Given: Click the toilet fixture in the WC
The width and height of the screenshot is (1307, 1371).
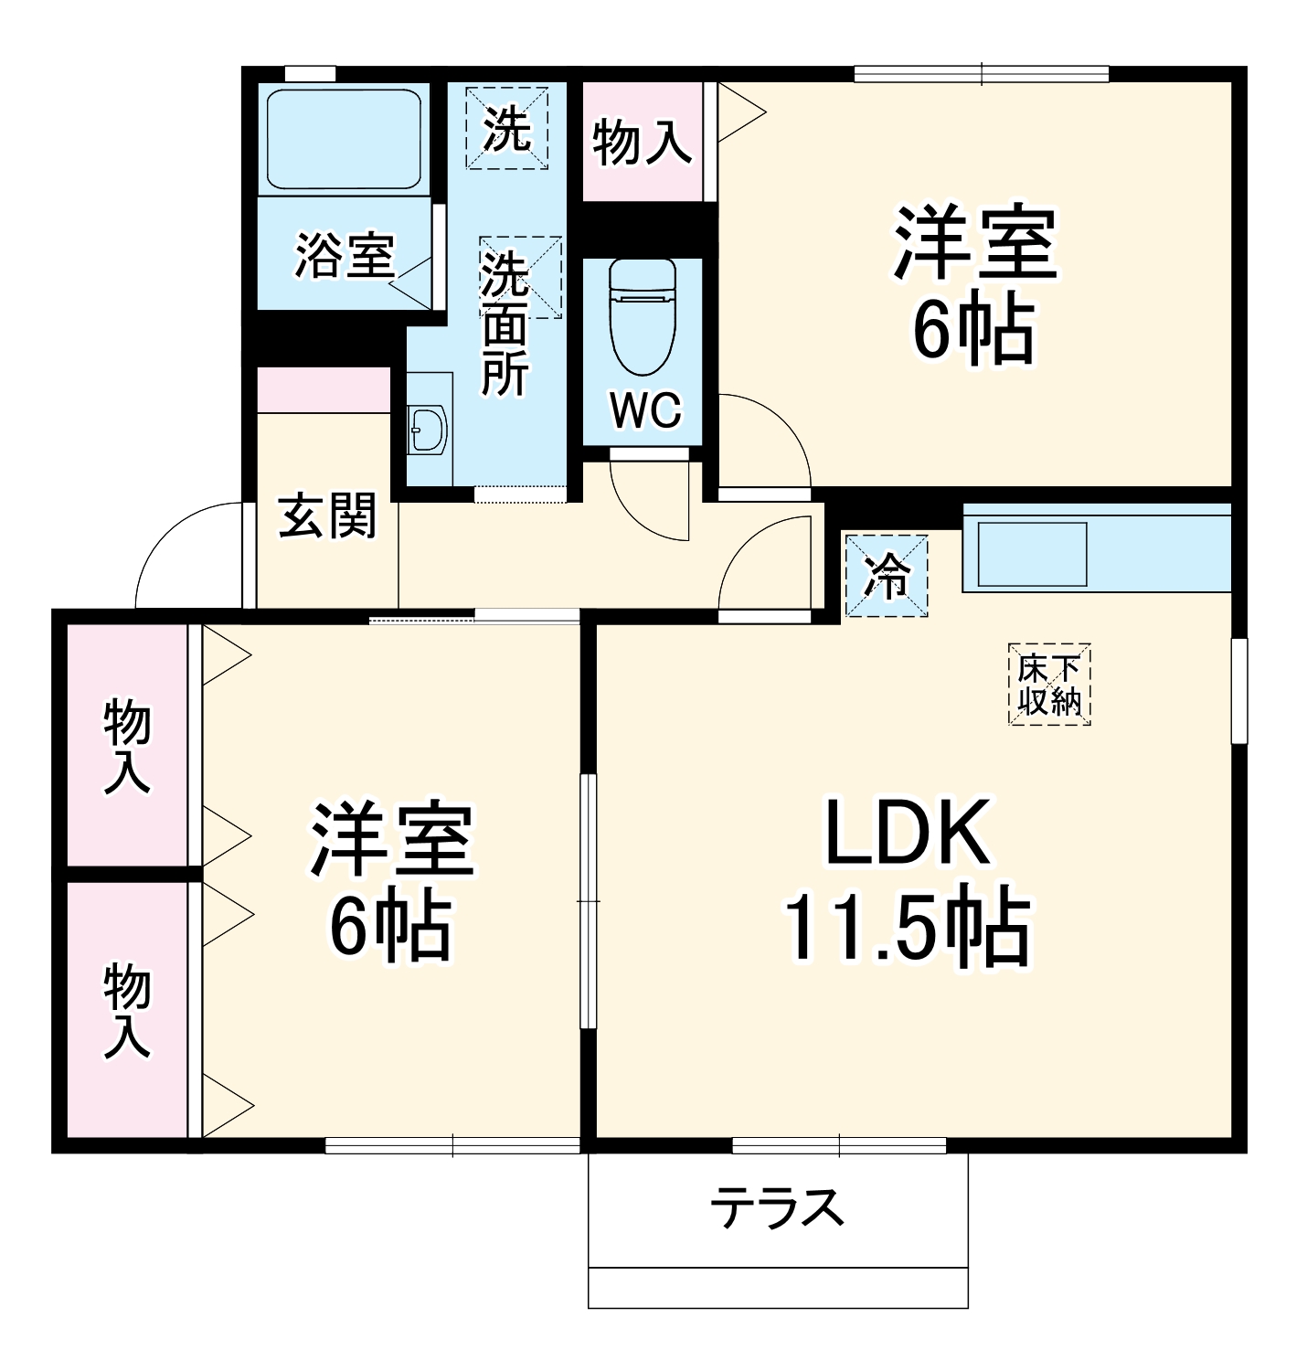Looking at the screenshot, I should pos(642,315).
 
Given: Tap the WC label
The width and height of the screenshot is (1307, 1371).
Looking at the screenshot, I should pos(645,410).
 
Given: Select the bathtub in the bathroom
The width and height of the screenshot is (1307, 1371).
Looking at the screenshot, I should pos(344,138).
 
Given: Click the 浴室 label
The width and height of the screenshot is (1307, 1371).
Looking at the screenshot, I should pos(344,256).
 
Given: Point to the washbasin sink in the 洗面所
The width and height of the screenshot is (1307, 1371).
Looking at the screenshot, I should pos(428,430).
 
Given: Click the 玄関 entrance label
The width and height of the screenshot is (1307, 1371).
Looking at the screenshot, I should pos(327,516).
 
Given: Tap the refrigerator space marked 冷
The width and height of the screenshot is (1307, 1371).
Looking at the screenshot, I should pos(886,577).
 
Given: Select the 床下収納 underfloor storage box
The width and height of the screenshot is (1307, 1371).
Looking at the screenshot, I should pos(1049,685).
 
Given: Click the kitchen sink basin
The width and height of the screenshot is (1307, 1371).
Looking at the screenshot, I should pos(1032,554).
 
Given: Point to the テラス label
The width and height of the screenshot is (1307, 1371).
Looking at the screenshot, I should pos(777,1207).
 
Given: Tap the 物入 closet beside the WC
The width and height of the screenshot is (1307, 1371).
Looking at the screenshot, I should pos(642,142).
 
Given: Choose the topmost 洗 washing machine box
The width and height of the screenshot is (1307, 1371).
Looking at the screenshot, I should pos(507,128).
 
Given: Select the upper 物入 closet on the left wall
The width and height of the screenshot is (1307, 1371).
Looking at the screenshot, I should pos(127,745).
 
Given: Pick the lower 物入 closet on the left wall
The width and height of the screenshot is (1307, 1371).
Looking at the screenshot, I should pos(127,1010).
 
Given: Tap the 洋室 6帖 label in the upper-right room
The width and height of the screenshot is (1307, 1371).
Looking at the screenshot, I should pos(974,284).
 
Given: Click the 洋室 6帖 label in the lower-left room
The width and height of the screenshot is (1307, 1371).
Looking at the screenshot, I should pos(391,880).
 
